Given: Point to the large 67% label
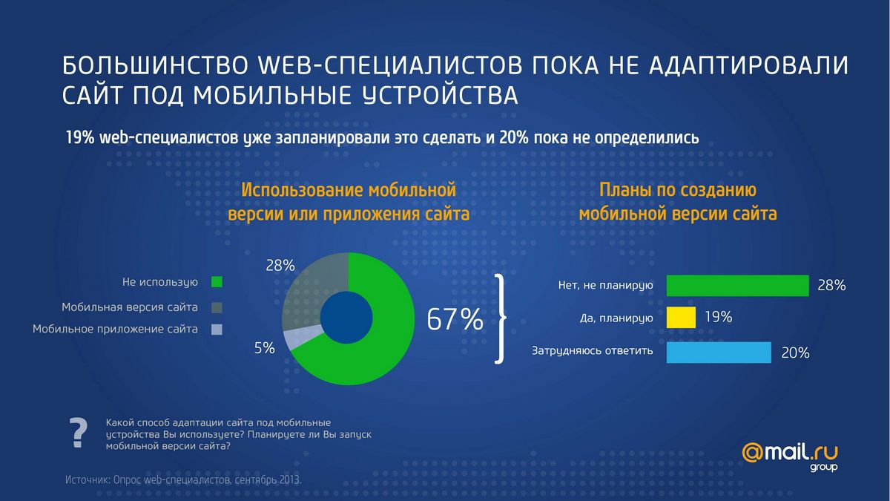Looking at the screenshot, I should point(455,320).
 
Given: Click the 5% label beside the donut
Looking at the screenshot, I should point(265,347).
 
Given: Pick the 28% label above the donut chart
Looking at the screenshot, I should point(280,265).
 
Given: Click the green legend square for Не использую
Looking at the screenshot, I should point(217,282).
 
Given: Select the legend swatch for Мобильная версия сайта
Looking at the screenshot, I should point(217,307).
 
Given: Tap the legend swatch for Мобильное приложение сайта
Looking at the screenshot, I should point(217,330).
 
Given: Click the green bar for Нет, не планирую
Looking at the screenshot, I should point(737,286).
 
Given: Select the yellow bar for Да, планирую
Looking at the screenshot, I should point(681,318).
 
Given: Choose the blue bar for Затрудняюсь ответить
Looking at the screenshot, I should point(719,353).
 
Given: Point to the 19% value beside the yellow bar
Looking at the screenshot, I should point(718,318).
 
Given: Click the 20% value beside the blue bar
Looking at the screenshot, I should point(795,353).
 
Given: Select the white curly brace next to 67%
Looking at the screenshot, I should point(502,319).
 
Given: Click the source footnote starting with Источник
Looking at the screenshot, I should point(183,480).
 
